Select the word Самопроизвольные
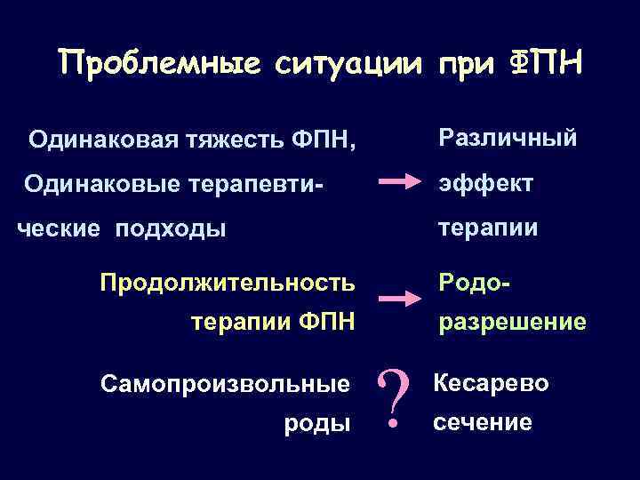225,385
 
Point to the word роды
316,424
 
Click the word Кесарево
490,383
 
